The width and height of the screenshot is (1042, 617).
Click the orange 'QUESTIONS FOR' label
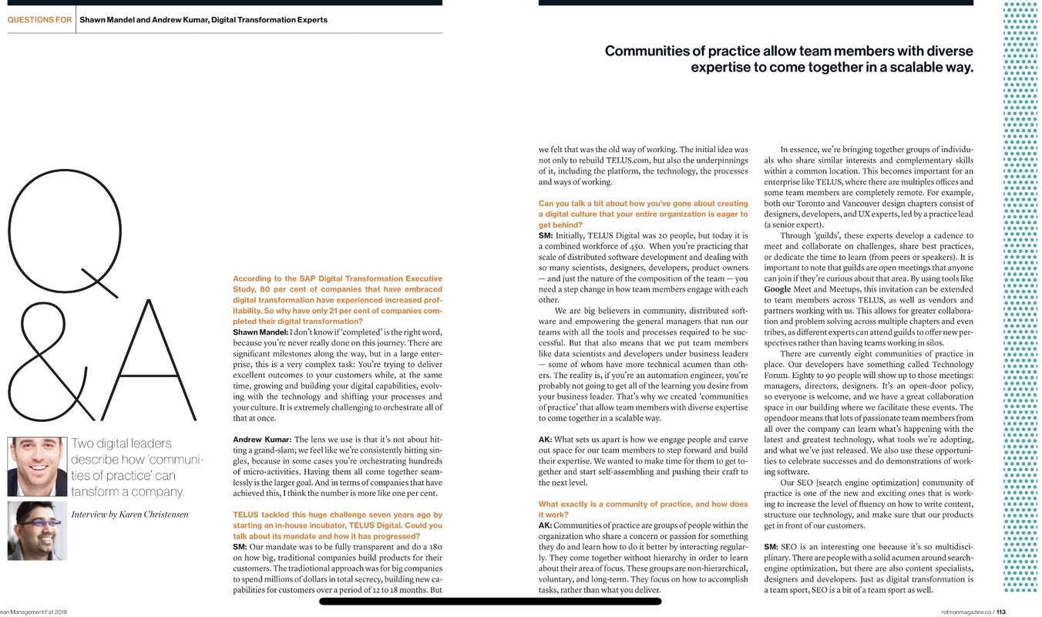pyautogui.click(x=39, y=20)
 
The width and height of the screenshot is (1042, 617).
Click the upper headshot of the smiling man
pyautogui.click(x=36, y=467)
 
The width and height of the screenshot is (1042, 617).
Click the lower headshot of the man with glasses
pyautogui.click(x=36, y=531)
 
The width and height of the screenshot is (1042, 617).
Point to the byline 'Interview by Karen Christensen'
pyautogui.click(x=129, y=514)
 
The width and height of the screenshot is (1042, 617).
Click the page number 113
pyautogui.click(x=1000, y=612)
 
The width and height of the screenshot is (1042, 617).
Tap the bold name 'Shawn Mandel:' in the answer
pyautogui.click(x=260, y=332)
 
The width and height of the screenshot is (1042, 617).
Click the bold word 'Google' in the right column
pyautogui.click(x=777, y=289)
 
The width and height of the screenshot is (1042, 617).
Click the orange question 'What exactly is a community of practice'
pyautogui.click(x=643, y=509)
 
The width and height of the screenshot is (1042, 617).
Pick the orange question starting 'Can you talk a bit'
pyautogui.click(x=643, y=214)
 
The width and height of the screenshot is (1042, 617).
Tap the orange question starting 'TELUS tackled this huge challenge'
pyautogui.click(x=338, y=524)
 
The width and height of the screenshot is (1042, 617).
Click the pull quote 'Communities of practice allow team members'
pyautogui.click(x=788, y=59)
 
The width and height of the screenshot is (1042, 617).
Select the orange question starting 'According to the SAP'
pyautogui.click(x=338, y=299)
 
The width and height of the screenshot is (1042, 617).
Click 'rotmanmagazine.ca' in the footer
pyautogui.click(x=966, y=612)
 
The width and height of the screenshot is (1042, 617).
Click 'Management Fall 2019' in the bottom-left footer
pyautogui.click(x=35, y=612)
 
